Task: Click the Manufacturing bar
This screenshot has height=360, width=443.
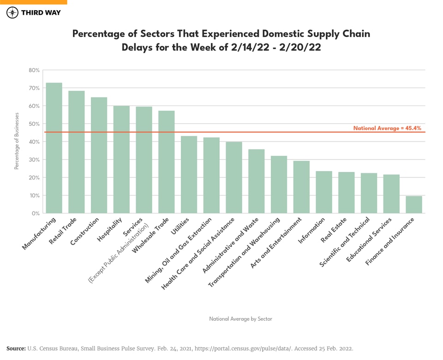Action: click(54, 148)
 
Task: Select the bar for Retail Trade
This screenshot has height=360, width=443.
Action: click(77, 152)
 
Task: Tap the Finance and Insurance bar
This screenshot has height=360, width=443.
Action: click(414, 205)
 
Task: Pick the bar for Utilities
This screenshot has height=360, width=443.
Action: click(189, 175)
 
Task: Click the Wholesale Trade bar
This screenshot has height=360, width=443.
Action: click(167, 162)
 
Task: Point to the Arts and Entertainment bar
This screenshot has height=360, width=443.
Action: click(301, 187)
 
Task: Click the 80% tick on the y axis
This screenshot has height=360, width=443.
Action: click(35, 71)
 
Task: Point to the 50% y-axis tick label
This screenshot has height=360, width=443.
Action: click(35, 124)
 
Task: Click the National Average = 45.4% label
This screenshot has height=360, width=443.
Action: click(387, 128)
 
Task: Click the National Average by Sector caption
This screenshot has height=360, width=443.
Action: click(240, 319)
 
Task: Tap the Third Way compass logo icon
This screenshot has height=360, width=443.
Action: click(12, 12)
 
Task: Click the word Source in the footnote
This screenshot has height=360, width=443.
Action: click(16, 348)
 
